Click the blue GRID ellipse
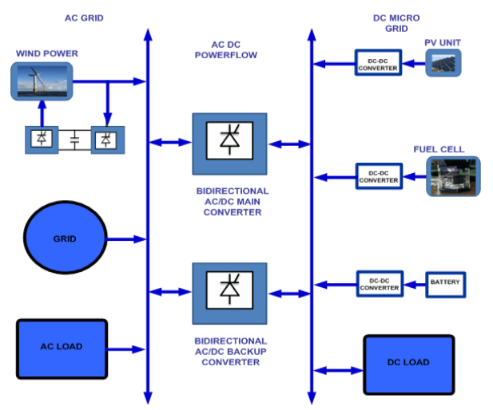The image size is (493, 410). click(65, 239)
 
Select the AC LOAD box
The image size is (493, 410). click(62, 348)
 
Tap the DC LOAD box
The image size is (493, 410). click(408, 363)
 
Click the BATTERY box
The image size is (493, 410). click(445, 283)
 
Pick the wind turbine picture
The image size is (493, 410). click(43, 81)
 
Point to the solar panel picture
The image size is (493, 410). click(443, 63)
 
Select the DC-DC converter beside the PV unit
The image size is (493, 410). click(378, 63)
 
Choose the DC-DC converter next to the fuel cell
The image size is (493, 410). click(378, 175)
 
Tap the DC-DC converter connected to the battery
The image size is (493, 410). click(378, 283)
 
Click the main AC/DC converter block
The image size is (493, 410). click(229, 144)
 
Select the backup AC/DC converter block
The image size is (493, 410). click(229, 292)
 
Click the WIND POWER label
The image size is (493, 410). click(47, 53)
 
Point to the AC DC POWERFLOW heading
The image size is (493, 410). click(229, 49)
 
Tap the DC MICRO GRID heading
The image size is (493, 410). click(396, 23)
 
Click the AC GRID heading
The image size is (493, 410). click(84, 18)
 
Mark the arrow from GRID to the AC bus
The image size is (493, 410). click(125, 239)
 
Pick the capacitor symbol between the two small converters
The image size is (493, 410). click(74, 140)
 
